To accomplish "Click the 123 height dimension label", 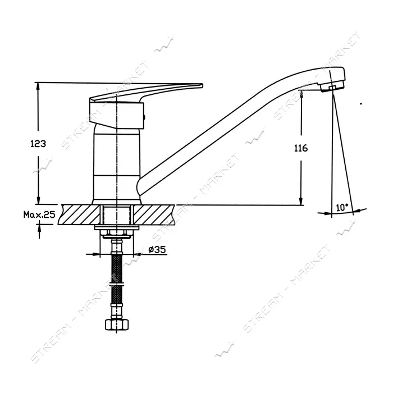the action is point(38,144).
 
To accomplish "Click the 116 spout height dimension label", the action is point(301,148).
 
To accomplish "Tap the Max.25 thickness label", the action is point(39,214).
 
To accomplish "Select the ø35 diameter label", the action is point(157,250).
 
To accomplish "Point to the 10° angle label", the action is point(342,208).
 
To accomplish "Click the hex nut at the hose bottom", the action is point(117,325).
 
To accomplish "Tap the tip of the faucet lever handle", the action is point(202,85).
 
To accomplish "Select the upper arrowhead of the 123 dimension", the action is point(38,86).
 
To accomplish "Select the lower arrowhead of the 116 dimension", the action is point(301,201).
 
